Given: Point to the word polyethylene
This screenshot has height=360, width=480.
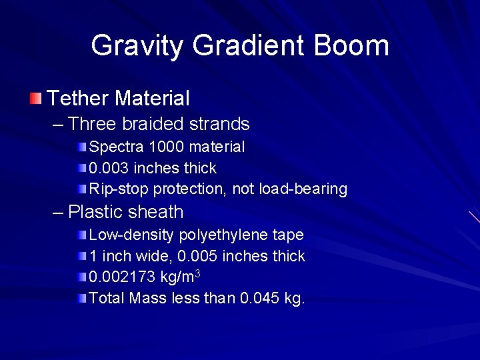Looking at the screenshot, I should (227, 235).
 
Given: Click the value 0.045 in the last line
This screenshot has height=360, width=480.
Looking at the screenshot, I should (259, 299).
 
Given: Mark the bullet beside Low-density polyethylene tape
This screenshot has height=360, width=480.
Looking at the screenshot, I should (81, 235).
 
